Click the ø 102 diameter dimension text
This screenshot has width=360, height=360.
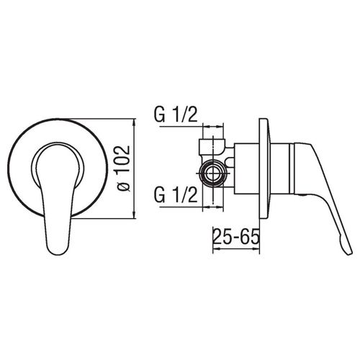[124, 168]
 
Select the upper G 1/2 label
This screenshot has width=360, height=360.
[176, 115]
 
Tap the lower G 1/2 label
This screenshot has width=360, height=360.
[176, 195]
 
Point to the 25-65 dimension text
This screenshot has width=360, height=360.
[236, 236]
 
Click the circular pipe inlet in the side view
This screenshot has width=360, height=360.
[213, 173]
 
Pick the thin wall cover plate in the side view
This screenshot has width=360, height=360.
[264, 168]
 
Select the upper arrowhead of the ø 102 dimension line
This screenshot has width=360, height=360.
[135, 122]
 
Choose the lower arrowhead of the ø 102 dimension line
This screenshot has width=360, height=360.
[135, 215]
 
